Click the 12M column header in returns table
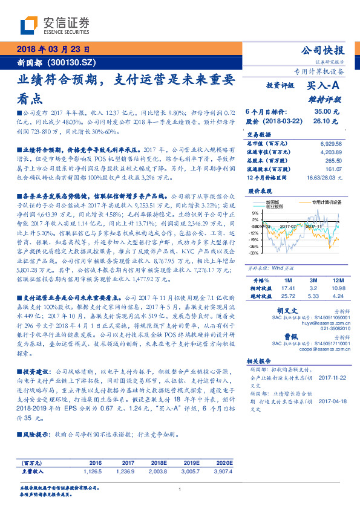337,280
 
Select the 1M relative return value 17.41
287,288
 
